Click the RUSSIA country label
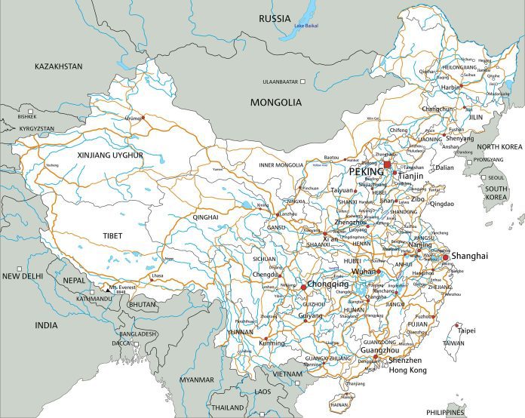point(275,18)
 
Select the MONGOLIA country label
point(276,102)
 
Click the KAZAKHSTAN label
point(58,66)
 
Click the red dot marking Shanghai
point(446,257)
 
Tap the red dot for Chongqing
point(303,287)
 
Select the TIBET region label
point(112,236)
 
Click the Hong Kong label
point(407,370)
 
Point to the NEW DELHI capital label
point(20,276)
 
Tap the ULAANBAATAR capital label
point(281,81)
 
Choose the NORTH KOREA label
point(499,146)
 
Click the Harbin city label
point(450,86)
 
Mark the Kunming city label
point(272,343)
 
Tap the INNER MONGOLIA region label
point(281,164)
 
